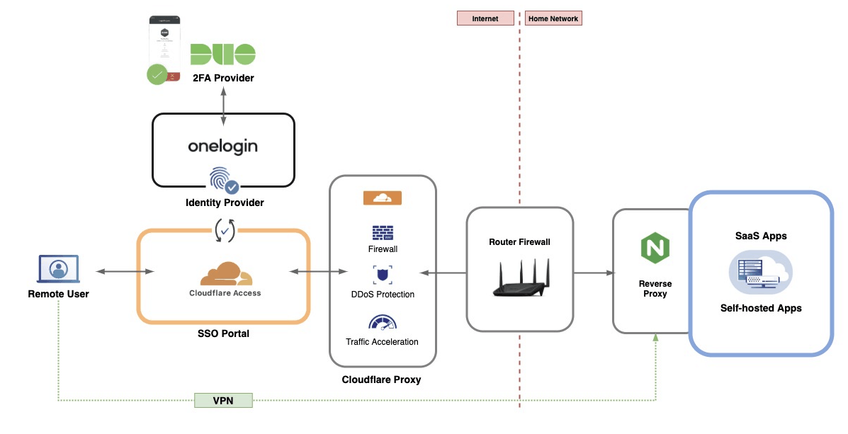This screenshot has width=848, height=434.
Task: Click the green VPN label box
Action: pyautogui.click(x=223, y=401)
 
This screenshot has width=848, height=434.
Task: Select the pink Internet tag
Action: pyautogui.click(x=485, y=18)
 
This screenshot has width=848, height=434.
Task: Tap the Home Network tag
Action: pyautogui.click(x=553, y=18)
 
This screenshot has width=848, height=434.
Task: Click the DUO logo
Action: pyautogui.click(x=222, y=55)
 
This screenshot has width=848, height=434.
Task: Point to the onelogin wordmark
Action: pyautogui.click(x=222, y=146)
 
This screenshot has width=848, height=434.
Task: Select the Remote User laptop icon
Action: pyautogui.click(x=58, y=270)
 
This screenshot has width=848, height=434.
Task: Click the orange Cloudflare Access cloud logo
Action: pyautogui.click(x=225, y=273)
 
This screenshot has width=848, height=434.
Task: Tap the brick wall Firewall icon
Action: pyautogui.click(x=382, y=233)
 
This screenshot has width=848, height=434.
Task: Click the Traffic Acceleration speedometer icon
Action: pyautogui.click(x=382, y=323)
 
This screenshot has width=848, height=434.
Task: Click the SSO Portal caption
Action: pyautogui.click(x=223, y=333)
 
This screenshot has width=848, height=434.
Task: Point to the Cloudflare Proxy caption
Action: pyautogui.click(x=381, y=379)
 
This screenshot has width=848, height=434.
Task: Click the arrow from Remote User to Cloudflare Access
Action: pyautogui.click(x=125, y=271)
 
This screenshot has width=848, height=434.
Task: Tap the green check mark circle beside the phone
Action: pyautogui.click(x=157, y=74)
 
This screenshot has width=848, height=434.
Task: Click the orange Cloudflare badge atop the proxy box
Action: pyautogui.click(x=383, y=198)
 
